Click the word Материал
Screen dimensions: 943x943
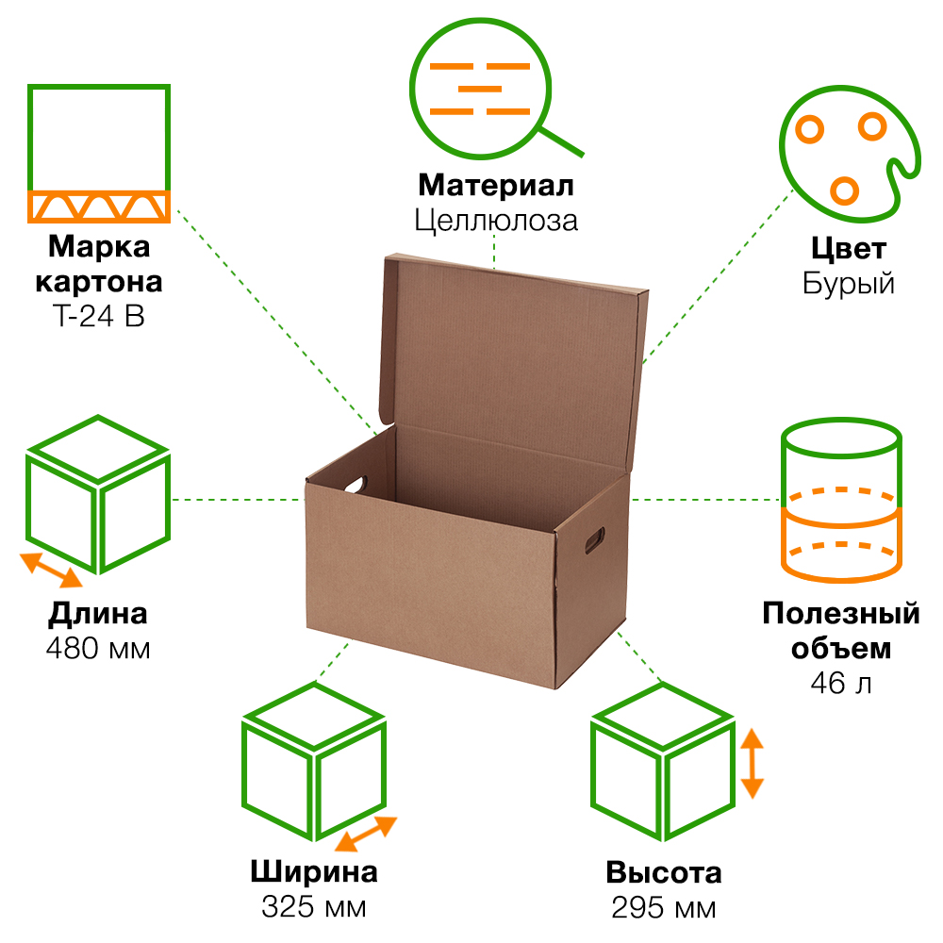tap(495, 185)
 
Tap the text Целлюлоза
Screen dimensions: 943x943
tap(495, 221)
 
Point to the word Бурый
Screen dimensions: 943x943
tap(848, 283)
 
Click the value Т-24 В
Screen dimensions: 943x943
tap(99, 316)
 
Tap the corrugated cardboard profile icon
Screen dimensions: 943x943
tap(98, 154)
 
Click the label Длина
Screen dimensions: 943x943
tap(98, 615)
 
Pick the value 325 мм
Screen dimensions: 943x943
tap(313, 907)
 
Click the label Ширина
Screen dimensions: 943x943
tap(313, 872)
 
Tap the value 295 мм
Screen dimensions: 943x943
tap(663, 907)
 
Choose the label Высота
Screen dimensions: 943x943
tap(663, 872)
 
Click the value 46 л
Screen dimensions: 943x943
tap(840, 683)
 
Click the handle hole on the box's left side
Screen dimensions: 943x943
tap(356, 484)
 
